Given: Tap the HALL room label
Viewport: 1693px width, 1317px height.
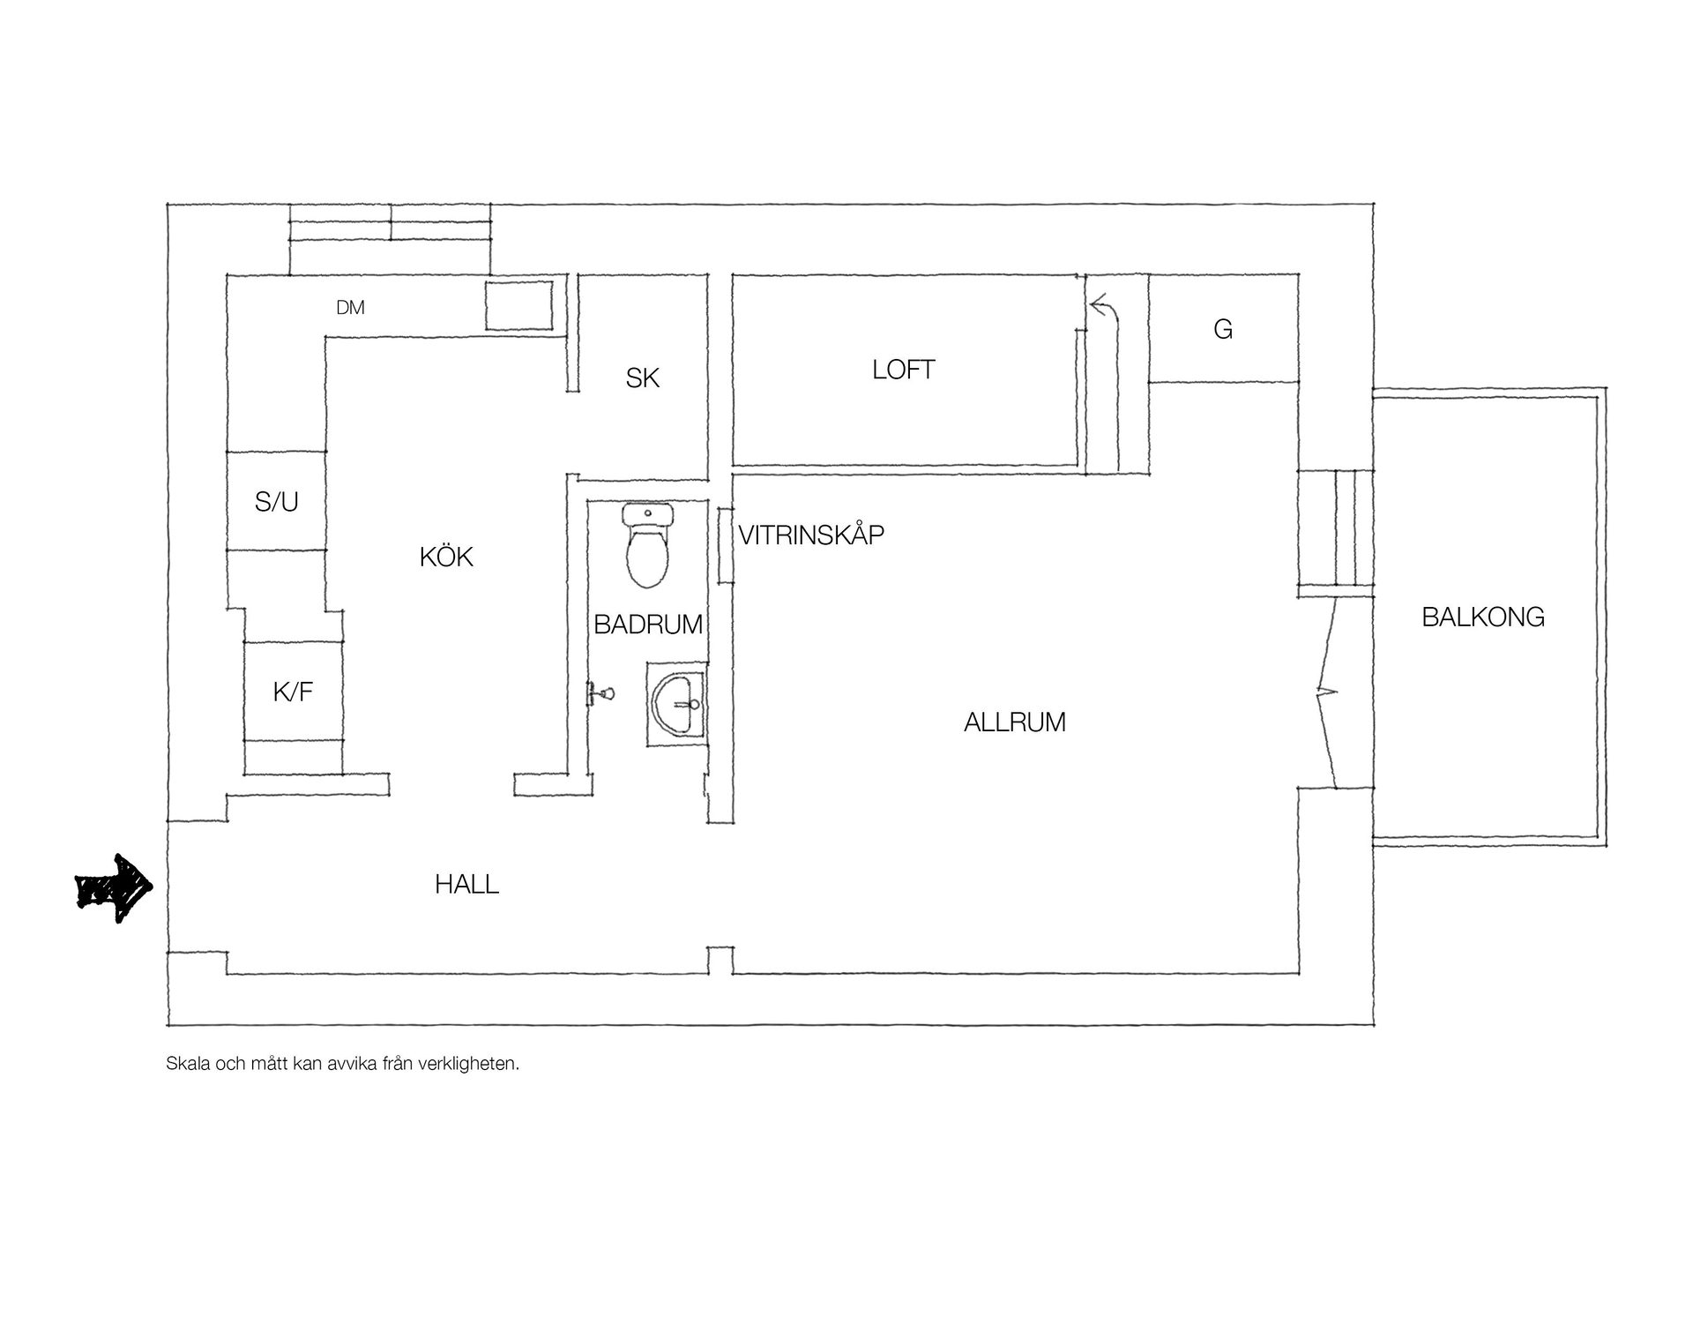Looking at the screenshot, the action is pyautogui.click(x=467, y=884).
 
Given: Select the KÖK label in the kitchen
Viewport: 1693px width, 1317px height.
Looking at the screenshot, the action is pyautogui.click(x=446, y=557).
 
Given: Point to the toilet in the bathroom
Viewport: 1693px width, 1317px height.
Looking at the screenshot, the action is pyautogui.click(x=647, y=545).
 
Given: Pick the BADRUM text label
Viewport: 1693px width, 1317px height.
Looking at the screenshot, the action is pyautogui.click(x=648, y=625).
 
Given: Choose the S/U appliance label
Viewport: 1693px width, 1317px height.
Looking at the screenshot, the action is pyautogui.click(x=277, y=502).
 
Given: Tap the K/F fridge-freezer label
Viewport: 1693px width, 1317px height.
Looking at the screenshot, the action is pyautogui.click(x=293, y=692).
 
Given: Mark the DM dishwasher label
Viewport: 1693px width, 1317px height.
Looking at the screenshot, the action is pyautogui.click(x=350, y=308).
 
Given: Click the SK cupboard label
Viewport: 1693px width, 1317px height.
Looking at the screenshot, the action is pyautogui.click(x=643, y=378).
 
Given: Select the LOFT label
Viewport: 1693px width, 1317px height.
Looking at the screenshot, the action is pyautogui.click(x=904, y=370).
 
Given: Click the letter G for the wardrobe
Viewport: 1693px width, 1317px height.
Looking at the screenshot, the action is pyautogui.click(x=1223, y=329).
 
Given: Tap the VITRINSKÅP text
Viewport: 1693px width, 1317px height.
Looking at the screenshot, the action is pyautogui.click(x=811, y=535).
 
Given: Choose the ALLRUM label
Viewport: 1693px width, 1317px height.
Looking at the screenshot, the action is pyautogui.click(x=1015, y=722).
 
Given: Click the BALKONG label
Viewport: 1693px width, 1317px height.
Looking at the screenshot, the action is pyautogui.click(x=1483, y=617).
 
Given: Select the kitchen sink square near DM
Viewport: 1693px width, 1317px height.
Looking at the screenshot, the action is pyautogui.click(x=519, y=306).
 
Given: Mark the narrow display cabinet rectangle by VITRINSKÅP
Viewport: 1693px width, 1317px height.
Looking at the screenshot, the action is pyautogui.click(x=725, y=545).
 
